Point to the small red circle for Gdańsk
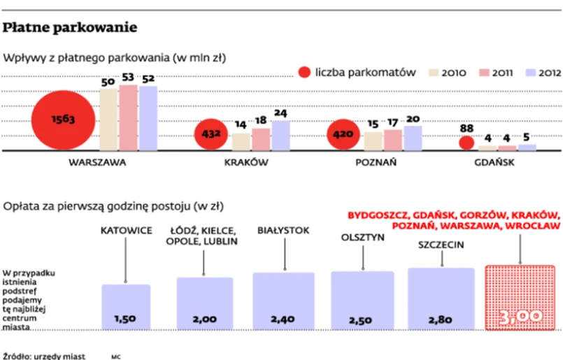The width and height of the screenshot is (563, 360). (467, 143)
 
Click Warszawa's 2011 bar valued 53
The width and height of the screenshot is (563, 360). (128, 117)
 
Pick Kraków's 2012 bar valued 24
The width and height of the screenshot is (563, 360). (280, 136)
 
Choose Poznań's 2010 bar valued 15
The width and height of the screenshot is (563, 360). (374, 141)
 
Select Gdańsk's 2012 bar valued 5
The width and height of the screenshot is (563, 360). (527, 147)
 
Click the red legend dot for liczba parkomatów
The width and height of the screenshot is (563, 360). (304, 72)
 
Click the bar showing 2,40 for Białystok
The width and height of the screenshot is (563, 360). (283, 301)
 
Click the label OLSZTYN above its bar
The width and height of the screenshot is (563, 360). (363, 237)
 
